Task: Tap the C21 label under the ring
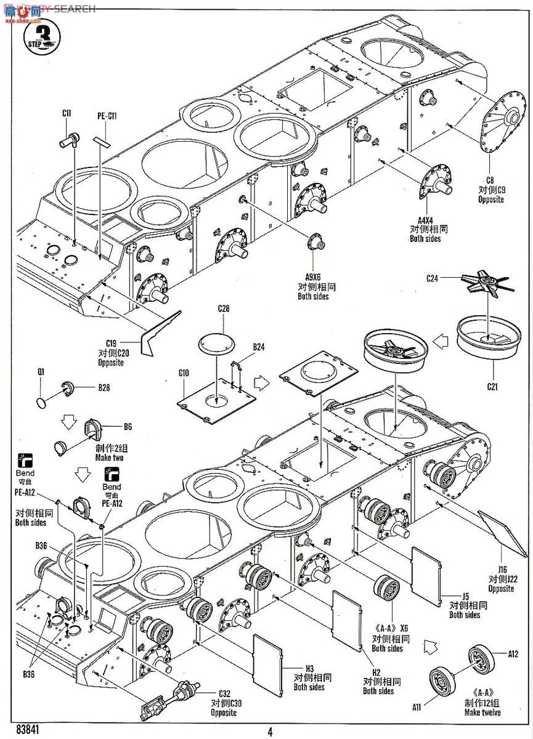(x=492, y=387)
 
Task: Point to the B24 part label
(x=258, y=347)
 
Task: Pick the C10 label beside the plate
(x=184, y=373)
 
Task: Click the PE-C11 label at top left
(x=107, y=116)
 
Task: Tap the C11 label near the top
(x=67, y=113)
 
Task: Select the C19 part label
(x=111, y=344)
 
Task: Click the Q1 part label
(x=41, y=371)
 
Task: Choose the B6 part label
(x=128, y=426)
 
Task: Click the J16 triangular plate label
(x=500, y=569)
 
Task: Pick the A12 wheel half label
(x=514, y=653)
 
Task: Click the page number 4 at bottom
(x=270, y=732)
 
